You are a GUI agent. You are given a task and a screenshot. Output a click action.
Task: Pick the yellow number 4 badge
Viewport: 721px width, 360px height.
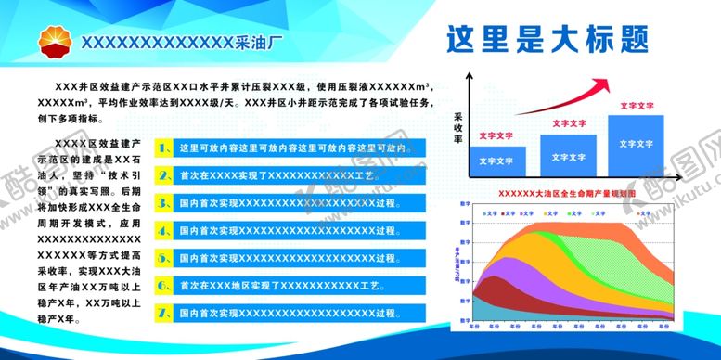click(x=163, y=228)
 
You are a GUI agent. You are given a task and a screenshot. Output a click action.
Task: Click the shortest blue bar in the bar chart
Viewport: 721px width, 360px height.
click(x=490, y=160)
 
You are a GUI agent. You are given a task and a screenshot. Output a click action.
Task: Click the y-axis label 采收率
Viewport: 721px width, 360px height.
click(x=458, y=128)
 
